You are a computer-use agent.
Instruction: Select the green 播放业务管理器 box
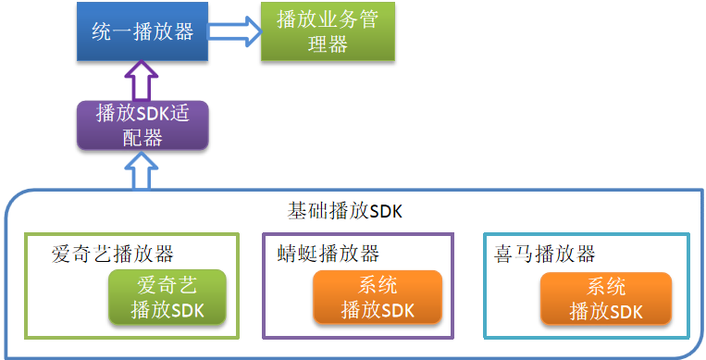tap(327, 32)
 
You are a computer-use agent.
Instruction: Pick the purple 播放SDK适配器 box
tap(142, 126)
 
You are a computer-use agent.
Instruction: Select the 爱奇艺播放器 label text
tap(113, 254)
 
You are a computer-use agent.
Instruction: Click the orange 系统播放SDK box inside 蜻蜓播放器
tap(378, 297)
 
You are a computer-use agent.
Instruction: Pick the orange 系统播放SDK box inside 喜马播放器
tap(606, 297)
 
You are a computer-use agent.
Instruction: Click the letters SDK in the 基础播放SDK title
tap(385, 212)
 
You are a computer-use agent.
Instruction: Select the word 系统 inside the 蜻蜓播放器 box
tap(378, 286)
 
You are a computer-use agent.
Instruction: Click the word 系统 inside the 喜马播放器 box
tap(606, 286)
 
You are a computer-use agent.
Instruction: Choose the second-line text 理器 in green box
tap(327, 44)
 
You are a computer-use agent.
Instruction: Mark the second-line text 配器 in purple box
tap(142, 138)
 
